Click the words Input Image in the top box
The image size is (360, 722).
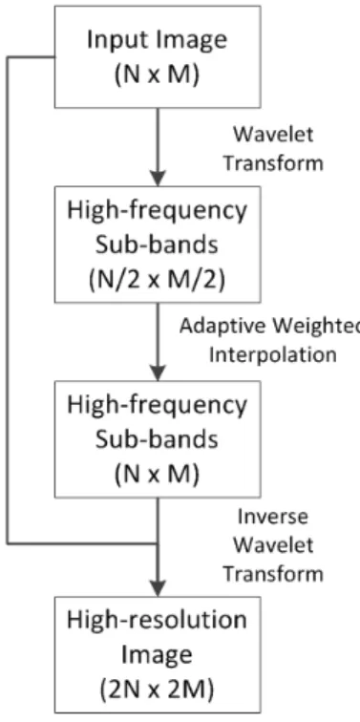157,41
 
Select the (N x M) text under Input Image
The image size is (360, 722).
157,75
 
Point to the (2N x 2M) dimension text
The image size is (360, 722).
157,690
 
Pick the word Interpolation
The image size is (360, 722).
272,355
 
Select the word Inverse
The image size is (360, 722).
272,517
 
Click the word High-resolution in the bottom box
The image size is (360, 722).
157,620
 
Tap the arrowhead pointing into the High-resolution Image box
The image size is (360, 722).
158,586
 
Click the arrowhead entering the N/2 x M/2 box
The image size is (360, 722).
158,178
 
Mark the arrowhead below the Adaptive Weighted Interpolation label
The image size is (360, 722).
158,372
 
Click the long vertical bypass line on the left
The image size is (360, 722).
8,300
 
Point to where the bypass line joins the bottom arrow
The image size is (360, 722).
158,543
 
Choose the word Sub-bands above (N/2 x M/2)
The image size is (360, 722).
157,245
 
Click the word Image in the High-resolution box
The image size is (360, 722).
157,656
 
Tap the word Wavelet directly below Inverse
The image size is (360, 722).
273,545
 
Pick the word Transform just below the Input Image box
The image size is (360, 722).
273,163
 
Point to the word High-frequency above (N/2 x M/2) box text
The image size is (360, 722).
157,210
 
